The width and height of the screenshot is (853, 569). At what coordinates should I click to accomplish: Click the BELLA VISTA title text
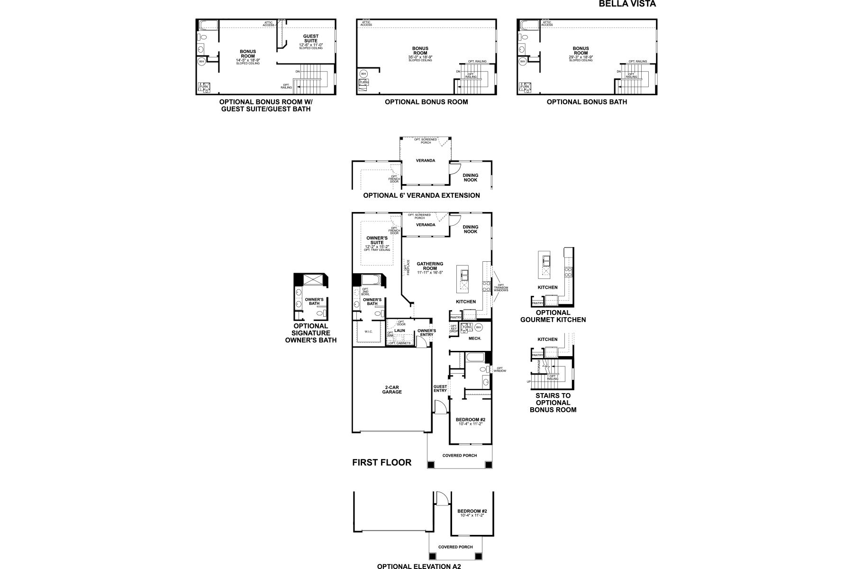coord(627,4)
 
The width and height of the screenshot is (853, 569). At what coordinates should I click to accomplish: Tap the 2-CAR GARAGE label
coord(392,389)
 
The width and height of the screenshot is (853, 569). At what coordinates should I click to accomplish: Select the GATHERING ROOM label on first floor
coord(430,266)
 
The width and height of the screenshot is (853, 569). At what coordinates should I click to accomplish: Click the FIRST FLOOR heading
coord(381,462)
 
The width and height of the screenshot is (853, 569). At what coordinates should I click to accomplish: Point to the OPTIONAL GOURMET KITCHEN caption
coord(553,316)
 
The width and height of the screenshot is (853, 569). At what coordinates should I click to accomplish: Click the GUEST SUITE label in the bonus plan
coord(311,38)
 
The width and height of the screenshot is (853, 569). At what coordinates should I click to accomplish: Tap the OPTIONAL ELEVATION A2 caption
coord(418,566)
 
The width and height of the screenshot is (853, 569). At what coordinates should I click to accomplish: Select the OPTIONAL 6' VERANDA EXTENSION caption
coord(421,195)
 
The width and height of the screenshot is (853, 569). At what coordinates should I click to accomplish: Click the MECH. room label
coord(475,339)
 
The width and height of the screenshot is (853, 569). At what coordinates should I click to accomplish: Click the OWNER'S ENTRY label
coord(426,332)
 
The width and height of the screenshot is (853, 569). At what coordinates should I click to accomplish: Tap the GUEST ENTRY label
coord(440,388)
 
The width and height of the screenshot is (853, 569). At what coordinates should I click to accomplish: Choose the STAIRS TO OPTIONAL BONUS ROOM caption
coord(553,403)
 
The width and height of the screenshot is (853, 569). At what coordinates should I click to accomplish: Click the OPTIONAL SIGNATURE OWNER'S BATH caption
coord(310,333)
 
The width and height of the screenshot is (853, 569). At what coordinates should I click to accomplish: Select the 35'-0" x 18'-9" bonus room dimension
coord(420,57)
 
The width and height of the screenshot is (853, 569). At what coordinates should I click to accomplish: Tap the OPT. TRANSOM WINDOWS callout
coord(501,288)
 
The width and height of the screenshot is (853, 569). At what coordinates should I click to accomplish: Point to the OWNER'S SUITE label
coord(377,240)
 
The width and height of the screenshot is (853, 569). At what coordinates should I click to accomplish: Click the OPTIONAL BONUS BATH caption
coord(587,102)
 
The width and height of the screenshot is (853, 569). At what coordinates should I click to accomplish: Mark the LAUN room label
coord(399,330)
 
